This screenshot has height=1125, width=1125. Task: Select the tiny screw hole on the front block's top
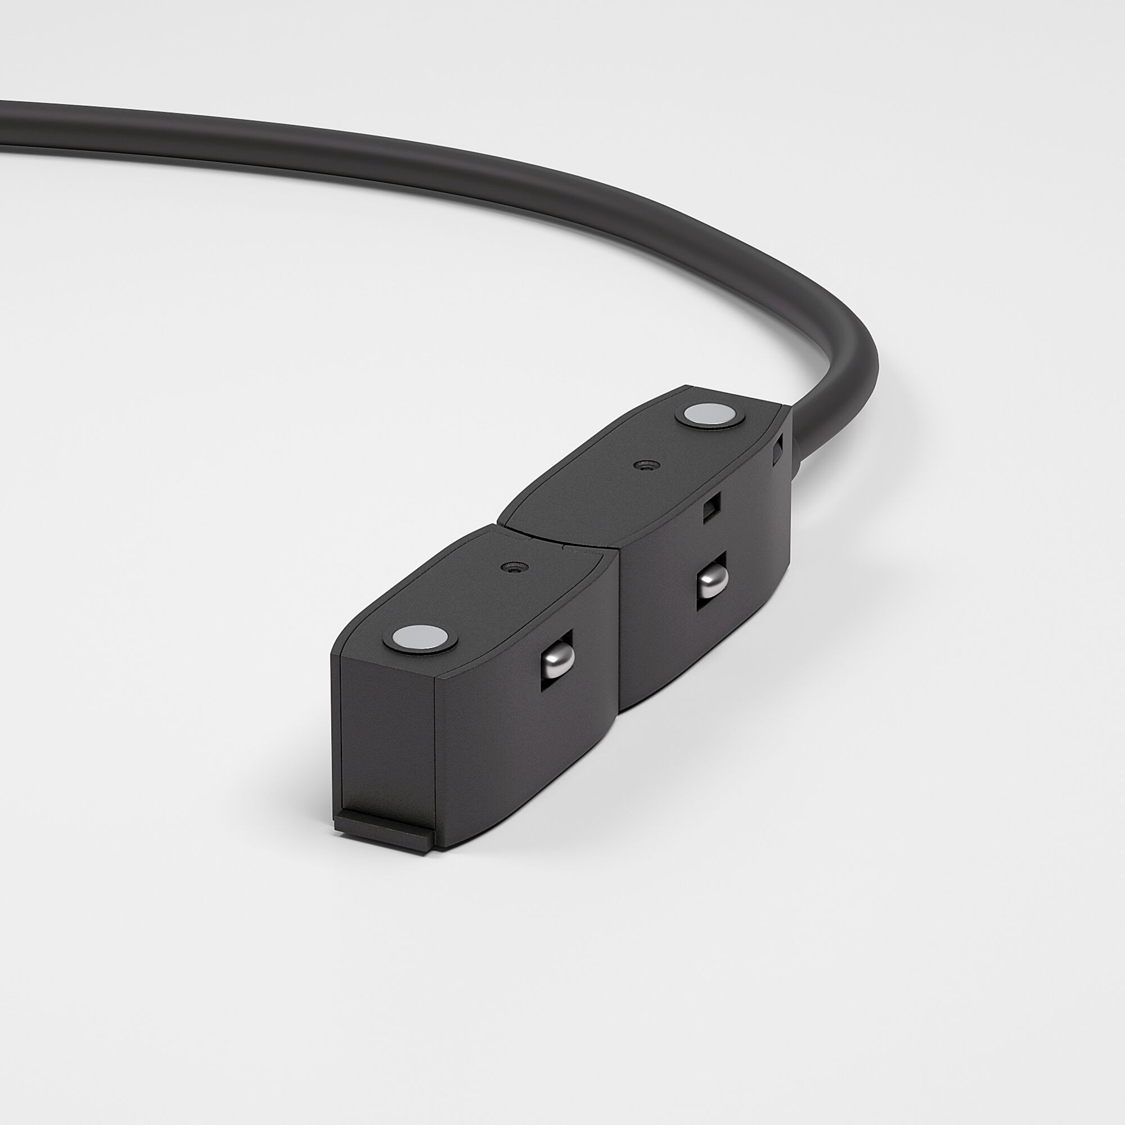coord(512,566)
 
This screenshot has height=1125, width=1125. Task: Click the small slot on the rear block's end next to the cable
coord(777,453)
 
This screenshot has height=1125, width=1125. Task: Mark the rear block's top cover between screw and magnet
coord(676,440)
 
